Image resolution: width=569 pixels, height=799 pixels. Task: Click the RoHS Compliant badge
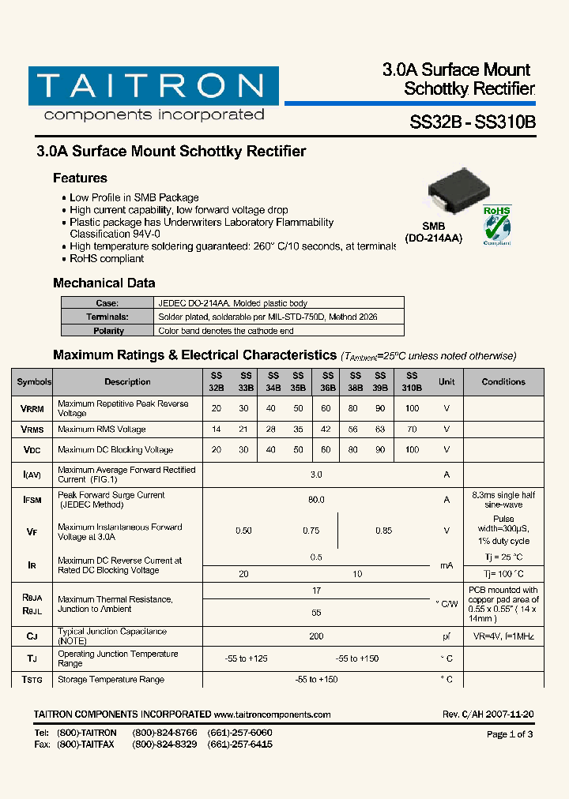coord(497,225)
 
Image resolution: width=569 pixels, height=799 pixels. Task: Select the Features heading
coord(80,178)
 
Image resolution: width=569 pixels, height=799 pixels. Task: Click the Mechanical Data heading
coord(104,283)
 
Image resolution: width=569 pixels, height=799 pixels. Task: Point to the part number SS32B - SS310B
coord(473,123)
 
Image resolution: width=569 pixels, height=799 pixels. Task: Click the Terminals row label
coord(108,317)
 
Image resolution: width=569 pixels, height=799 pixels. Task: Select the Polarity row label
coord(108,331)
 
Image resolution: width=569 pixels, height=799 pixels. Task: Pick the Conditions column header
coord(503,382)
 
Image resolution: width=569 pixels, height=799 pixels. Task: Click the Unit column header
coord(447,382)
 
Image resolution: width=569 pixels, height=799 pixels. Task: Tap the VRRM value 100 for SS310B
coord(412,408)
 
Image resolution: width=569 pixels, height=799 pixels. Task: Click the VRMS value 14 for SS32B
coord(216,430)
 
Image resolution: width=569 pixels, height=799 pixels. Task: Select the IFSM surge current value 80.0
coord(316,500)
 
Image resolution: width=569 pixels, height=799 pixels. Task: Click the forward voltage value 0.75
coord(311,531)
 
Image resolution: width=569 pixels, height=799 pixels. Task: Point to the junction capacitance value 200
coord(316,636)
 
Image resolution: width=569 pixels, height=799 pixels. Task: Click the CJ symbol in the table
coord(32,636)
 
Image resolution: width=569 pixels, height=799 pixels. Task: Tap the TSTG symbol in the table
coord(32,680)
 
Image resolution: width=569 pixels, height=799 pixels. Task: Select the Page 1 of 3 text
coord(510,734)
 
